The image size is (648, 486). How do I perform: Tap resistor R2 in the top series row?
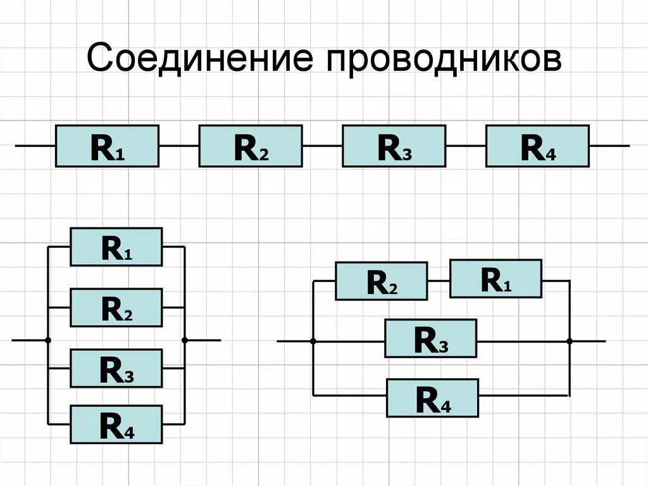coord(250,146)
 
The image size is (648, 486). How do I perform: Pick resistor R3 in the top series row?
coord(394,146)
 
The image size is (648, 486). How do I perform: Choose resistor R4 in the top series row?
coord(537,146)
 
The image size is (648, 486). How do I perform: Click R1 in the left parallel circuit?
coord(116,246)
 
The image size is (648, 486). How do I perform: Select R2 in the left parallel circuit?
coord(116,307)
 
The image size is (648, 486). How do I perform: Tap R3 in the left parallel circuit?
coord(116,368)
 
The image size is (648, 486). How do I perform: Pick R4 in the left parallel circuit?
coord(116,424)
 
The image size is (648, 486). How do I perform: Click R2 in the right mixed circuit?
coord(381,281)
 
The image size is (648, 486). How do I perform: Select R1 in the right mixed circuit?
coord(495,278)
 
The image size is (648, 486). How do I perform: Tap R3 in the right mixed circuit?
coord(430,338)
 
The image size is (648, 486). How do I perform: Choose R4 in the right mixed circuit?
coord(432,397)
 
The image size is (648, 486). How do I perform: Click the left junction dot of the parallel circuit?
coord(47,340)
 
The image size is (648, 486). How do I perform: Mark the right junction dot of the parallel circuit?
coord(185,340)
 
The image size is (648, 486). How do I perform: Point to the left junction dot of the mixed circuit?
coord(313,341)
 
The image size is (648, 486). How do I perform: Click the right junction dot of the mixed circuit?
coord(570,341)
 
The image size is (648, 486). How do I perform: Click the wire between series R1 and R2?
coord(178,146)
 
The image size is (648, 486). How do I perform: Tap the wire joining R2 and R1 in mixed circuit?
coord(438,280)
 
